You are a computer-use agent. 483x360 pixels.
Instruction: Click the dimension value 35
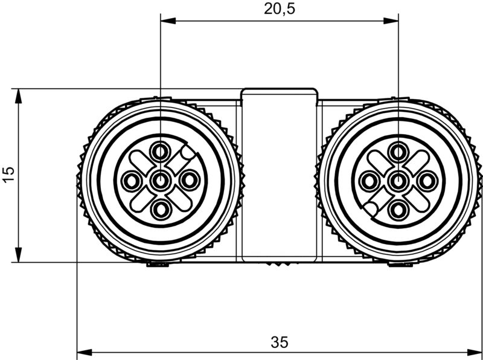[x=279, y=342]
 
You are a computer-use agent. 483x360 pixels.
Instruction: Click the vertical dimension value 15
[x=8, y=175]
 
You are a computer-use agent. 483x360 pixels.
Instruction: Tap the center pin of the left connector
[x=161, y=179]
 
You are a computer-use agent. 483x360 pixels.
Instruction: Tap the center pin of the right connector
[x=398, y=180]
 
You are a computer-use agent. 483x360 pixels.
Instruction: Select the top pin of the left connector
[x=161, y=150]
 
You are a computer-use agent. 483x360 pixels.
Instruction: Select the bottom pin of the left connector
[x=161, y=209]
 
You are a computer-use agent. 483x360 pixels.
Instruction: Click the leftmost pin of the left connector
[x=131, y=179]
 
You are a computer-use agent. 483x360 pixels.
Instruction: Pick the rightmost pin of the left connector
[x=190, y=179]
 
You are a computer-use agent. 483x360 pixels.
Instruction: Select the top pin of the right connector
[x=398, y=150]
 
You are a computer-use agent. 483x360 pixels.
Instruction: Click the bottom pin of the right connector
[x=398, y=210]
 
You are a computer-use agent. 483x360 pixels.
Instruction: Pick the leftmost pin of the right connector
[x=368, y=180]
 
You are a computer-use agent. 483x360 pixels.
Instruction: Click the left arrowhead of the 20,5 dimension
[x=167, y=21]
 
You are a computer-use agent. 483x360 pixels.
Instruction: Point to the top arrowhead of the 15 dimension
[x=18, y=95]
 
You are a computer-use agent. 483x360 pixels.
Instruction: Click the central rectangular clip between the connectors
[x=279, y=175]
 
